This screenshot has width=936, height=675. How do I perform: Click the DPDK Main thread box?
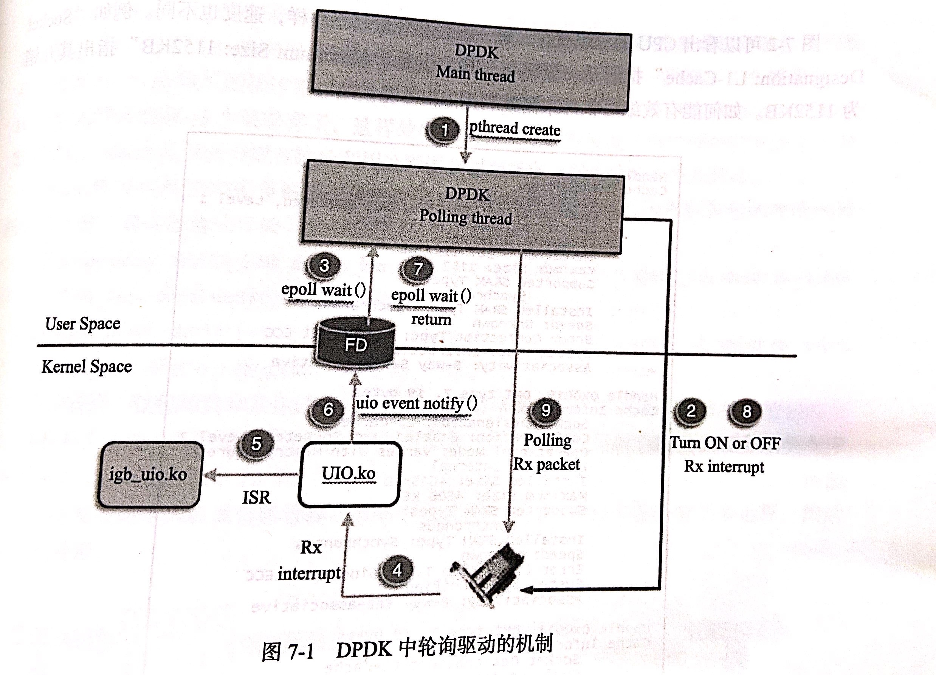[x=471, y=62]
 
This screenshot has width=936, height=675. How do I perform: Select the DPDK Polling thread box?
[x=462, y=207]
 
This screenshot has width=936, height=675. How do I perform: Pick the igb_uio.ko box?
[x=149, y=474]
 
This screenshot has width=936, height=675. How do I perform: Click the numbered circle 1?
[x=444, y=130]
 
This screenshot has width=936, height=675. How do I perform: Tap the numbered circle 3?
[x=324, y=266]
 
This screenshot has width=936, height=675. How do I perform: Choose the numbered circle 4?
[x=397, y=570]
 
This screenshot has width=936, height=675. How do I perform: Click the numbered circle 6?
[x=328, y=410]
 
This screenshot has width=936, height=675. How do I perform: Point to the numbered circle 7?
[x=418, y=269]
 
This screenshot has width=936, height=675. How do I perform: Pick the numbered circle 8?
[x=747, y=411]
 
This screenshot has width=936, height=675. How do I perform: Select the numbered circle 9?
[x=546, y=410]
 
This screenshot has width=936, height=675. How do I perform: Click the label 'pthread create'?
[x=514, y=129]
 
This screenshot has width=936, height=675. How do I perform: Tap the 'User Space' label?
[x=82, y=324]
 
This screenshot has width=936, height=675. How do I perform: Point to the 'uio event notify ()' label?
[x=416, y=404]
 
